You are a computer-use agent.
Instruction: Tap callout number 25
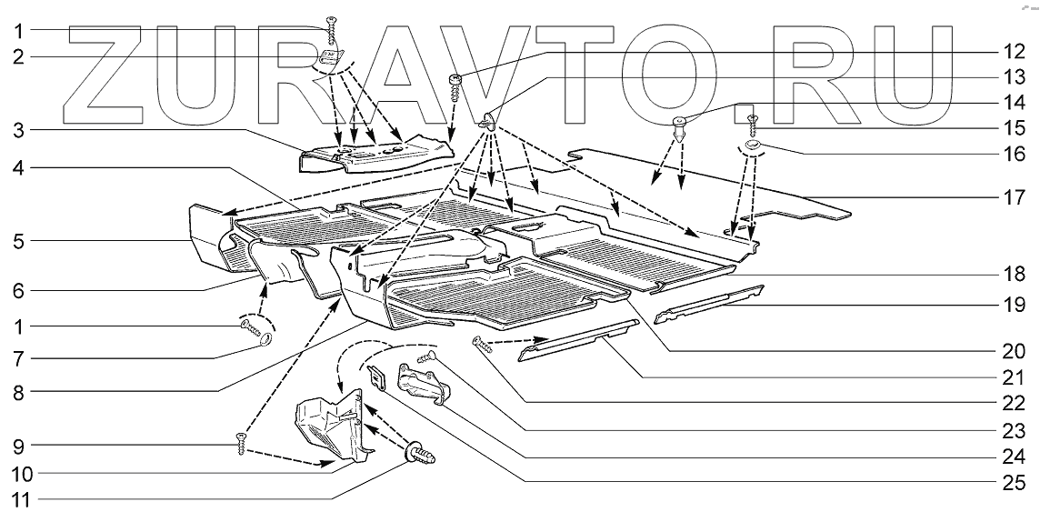pos(1015,482)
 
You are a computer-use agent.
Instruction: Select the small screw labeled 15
pos(753,124)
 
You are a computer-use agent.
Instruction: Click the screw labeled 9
pos(240,444)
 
